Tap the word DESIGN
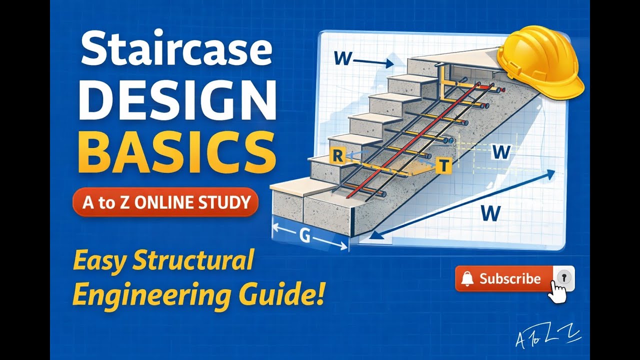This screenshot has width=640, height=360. (177, 101)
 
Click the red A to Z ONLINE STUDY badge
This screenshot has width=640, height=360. (165, 202)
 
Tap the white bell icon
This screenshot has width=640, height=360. (467, 279)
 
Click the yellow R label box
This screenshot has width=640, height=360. (338, 156)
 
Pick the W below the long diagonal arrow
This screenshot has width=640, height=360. (491, 213)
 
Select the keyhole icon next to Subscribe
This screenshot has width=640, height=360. (564, 277)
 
